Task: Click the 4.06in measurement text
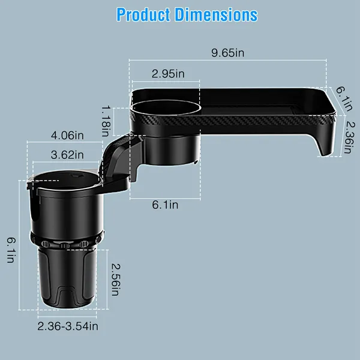[66, 135]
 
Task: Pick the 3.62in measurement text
[66, 154]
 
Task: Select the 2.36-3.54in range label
[67, 326]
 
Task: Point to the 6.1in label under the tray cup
[164, 205]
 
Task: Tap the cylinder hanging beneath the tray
[171, 150]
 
